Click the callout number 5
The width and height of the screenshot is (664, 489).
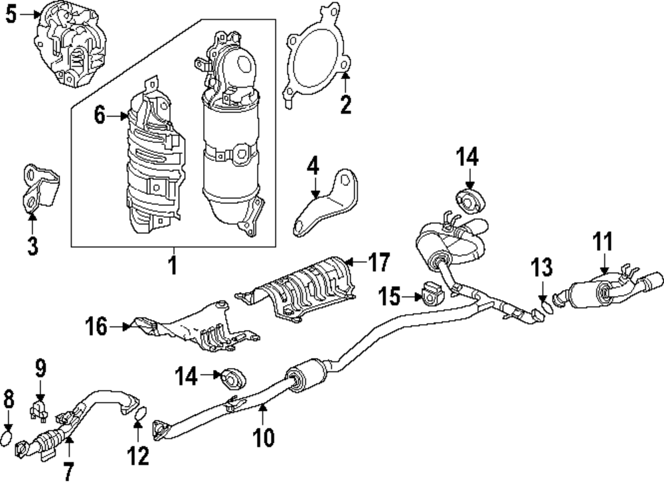click(11, 15)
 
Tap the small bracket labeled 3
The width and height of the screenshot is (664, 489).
click(38, 189)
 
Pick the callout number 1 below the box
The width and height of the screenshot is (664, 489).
click(172, 265)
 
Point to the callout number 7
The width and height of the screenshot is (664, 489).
click(68, 471)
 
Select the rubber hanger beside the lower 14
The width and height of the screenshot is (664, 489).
click(233, 377)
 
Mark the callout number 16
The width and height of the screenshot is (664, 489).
click(96, 326)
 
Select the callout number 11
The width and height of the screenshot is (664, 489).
click(603, 241)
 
